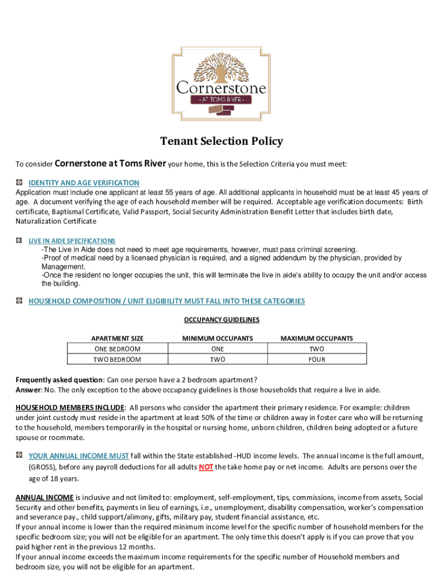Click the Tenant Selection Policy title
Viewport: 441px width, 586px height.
pyautogui.click(x=221, y=141)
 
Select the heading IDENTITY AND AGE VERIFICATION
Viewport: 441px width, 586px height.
pyautogui.click(x=84, y=183)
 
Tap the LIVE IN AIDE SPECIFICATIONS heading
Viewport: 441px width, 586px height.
pyautogui.click(x=72, y=241)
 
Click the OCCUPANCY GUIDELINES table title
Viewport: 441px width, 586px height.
pyautogui.click(x=221, y=320)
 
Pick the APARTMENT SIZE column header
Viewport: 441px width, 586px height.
pyautogui.click(x=117, y=338)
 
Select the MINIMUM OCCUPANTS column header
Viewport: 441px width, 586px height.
pyautogui.click(x=217, y=338)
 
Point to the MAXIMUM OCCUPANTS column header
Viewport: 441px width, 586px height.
pyautogui.click(x=317, y=338)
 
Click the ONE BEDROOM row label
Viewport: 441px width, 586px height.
pyautogui.click(x=117, y=349)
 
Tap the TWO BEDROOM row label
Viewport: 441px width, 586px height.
pyautogui.click(x=117, y=359)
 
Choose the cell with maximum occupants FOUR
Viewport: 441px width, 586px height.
pyautogui.click(x=317, y=359)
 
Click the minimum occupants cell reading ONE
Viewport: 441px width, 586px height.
pyautogui.click(x=217, y=349)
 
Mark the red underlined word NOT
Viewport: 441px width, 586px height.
pyautogui.click(x=206, y=468)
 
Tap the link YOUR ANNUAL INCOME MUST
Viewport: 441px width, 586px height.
pyautogui.click(x=78, y=456)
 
